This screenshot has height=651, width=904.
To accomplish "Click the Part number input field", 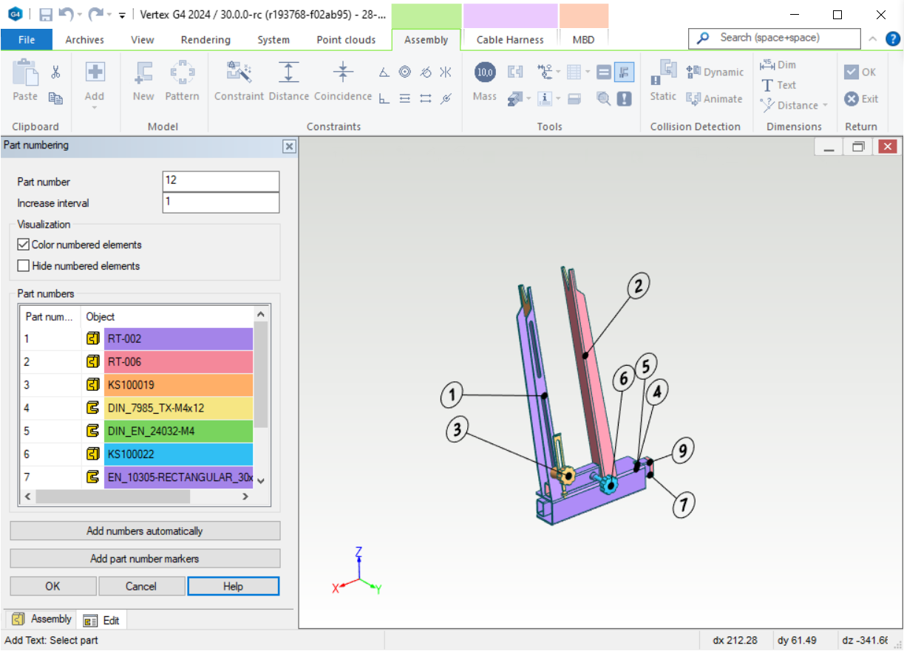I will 220,181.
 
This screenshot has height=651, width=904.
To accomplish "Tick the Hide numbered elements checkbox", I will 24,266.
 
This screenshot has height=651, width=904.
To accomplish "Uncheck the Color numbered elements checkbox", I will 24,245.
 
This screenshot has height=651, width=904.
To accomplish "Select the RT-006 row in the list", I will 178,362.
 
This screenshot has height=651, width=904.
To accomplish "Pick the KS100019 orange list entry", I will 178,385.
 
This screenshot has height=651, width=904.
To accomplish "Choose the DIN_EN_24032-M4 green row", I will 178,431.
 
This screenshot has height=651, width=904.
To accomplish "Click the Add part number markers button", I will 145,559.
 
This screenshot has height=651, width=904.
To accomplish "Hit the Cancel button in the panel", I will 141,587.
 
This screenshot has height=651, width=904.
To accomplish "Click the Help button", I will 233,587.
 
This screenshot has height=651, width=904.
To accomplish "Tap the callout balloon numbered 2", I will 639,285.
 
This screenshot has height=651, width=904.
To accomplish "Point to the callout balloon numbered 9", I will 682,449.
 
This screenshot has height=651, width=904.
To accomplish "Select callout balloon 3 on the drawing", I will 458,431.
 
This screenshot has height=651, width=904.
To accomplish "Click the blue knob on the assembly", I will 609,485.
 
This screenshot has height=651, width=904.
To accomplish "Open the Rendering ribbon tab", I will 205,40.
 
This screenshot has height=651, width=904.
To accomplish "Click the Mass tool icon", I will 485,72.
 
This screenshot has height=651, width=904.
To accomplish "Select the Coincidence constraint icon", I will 343,72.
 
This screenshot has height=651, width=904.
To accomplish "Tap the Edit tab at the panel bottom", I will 103,621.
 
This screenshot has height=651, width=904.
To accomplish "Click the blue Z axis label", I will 358,551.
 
